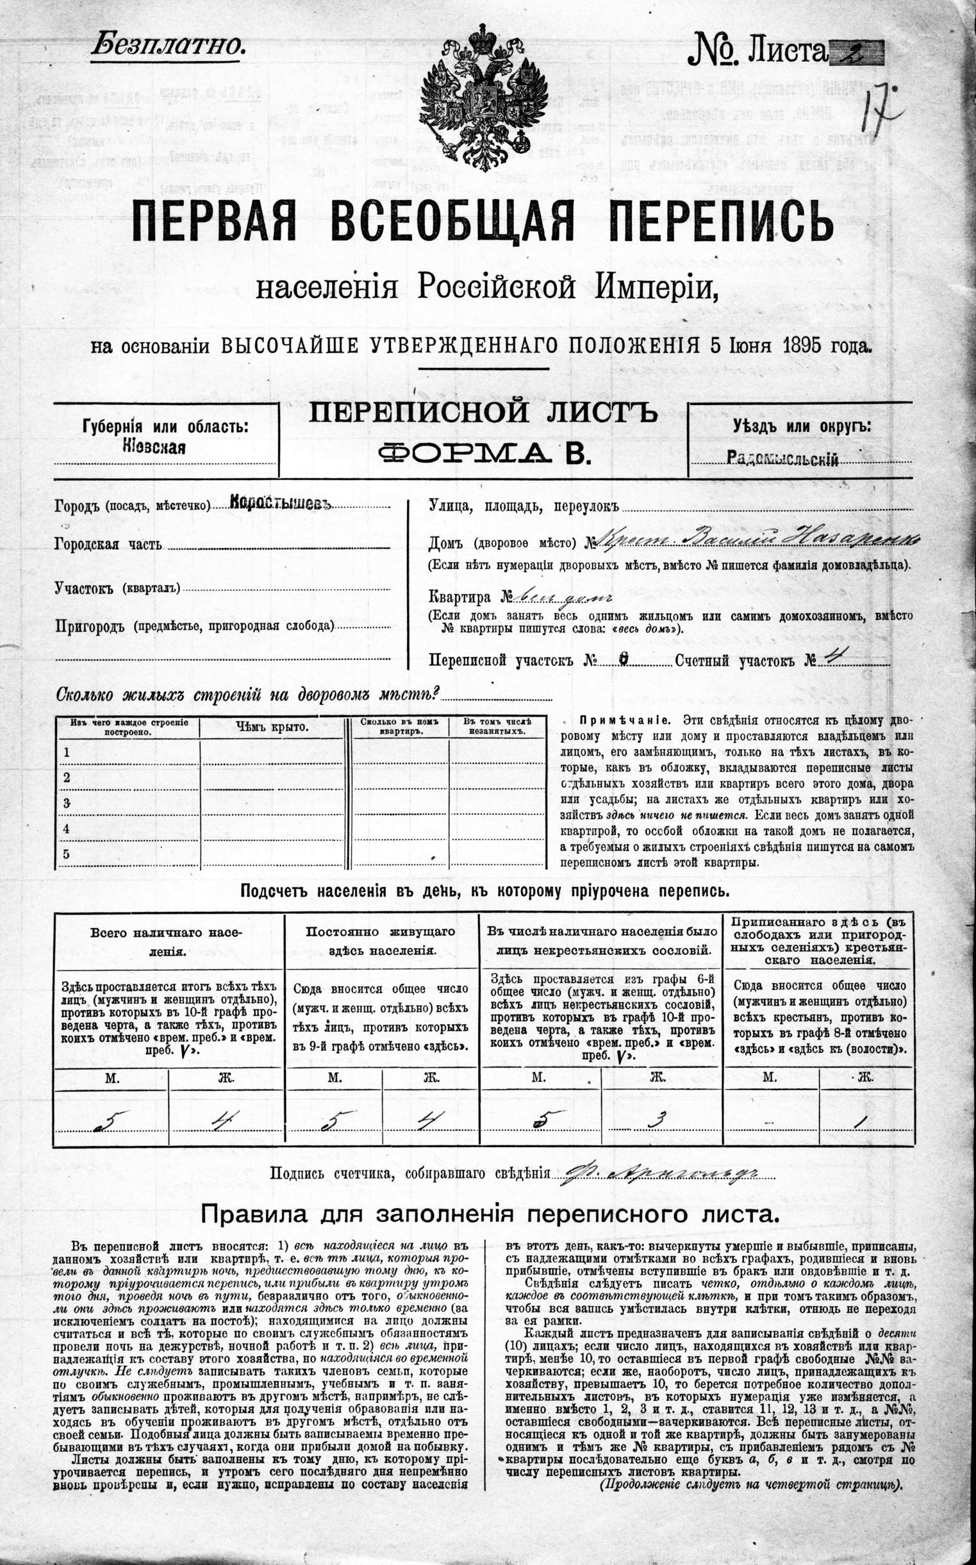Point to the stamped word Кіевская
pos(154,447)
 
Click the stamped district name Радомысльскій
pos(782,459)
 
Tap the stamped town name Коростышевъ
pos(279,504)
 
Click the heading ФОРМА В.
pos(484,454)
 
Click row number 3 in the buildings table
pos(67,803)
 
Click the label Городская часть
pos(108,544)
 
